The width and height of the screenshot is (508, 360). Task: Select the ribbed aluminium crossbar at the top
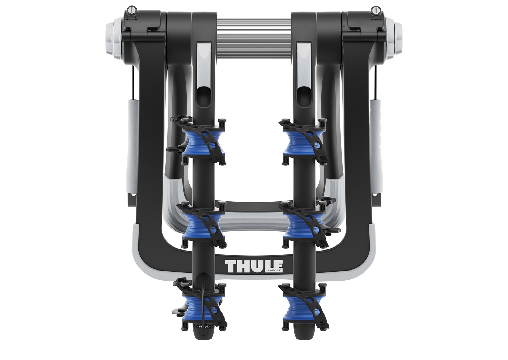click(254, 34)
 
